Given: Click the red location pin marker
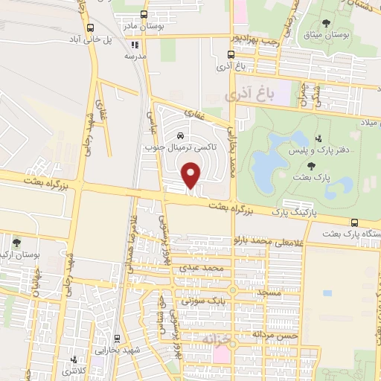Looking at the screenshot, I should (x=193, y=175).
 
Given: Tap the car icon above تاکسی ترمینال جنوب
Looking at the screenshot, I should (x=181, y=135).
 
